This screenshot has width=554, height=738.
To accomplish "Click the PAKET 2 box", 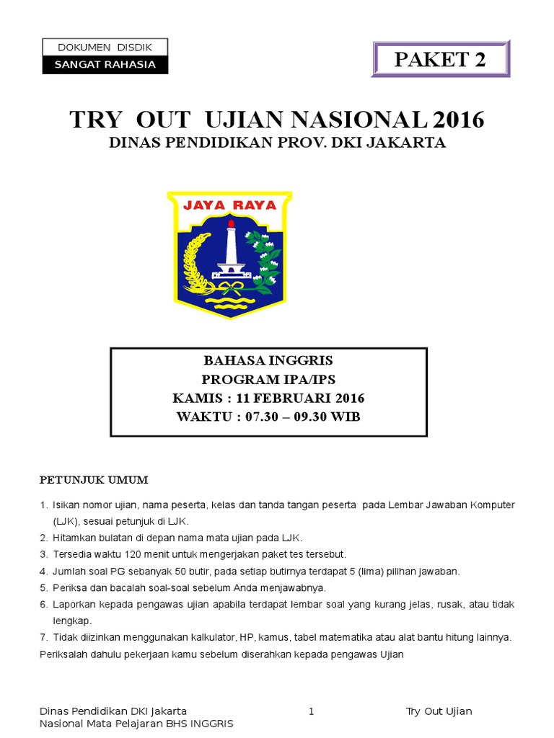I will pyautogui.click(x=440, y=59).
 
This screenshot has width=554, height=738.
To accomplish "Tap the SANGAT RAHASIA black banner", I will pyautogui.click(x=105, y=64).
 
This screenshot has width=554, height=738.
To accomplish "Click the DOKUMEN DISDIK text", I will pyautogui.click(x=105, y=48).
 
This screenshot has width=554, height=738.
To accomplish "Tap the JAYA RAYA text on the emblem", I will pyautogui.click(x=229, y=205).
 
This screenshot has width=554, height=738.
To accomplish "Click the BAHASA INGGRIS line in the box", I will pyautogui.click(x=268, y=360).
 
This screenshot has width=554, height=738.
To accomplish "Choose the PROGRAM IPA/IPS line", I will pyautogui.click(x=268, y=379).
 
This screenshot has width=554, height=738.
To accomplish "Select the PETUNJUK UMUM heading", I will pyautogui.click(x=93, y=479).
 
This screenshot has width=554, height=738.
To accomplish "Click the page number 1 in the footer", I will pyautogui.click(x=311, y=711).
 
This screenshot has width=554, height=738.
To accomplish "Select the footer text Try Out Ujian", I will pyautogui.click(x=439, y=711).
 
